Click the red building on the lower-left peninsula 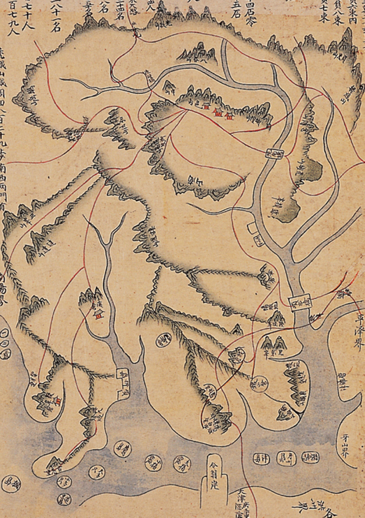pos(58,401)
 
